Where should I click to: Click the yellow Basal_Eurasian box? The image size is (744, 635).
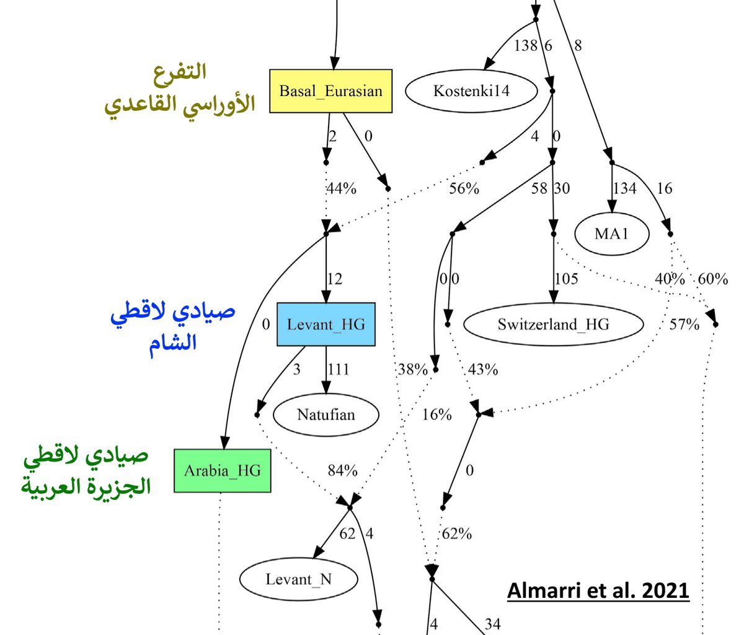[330, 91]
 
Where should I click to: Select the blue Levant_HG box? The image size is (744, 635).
[325, 324]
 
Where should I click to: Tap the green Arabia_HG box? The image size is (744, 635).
[222, 471]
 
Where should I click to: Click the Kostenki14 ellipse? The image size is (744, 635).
[471, 91]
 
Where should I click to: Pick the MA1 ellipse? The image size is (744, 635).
[611, 234]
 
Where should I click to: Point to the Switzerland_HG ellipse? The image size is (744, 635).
[553, 324]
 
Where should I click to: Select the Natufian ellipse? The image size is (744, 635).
[325, 414]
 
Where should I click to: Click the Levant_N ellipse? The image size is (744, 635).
[298, 579]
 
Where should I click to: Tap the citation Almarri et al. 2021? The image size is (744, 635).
[598, 590]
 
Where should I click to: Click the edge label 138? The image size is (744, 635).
[525, 45]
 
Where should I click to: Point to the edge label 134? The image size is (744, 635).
[624, 188]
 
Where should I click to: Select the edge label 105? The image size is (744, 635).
[566, 279]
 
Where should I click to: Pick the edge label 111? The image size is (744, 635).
[339, 370]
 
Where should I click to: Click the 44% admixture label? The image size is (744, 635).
[341, 188]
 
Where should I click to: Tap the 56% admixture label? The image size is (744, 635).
[464, 188]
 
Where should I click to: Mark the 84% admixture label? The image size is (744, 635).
[342, 471]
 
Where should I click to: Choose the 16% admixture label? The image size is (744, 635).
[436, 414]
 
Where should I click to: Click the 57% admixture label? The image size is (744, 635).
[684, 324]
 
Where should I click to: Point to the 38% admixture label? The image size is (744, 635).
[412, 370]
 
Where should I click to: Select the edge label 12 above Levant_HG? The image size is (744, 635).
[334, 279]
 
